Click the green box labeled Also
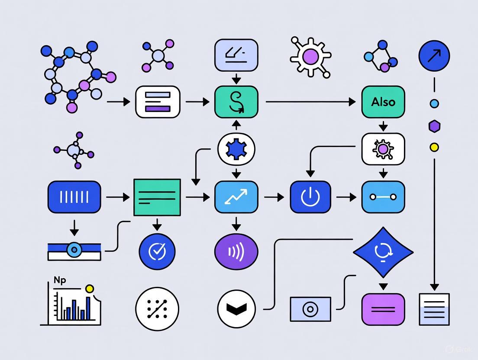point(383,102)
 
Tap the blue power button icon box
point(310,197)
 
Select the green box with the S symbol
point(236,102)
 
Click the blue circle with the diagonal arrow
point(434,56)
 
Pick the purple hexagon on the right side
point(434,126)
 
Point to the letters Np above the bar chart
point(60,280)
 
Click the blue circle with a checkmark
point(157,251)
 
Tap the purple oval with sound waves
point(236,251)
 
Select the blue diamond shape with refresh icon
point(383,252)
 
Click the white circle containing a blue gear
point(236,149)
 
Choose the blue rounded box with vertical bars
point(74,197)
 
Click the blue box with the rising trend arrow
point(236,197)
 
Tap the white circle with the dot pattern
point(157,309)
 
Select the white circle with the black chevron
point(236,309)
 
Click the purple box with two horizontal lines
point(383,309)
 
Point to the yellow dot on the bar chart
point(90,289)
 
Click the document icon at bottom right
point(434,309)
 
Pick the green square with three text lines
point(157,197)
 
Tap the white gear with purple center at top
point(310,56)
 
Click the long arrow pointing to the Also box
point(310,102)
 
